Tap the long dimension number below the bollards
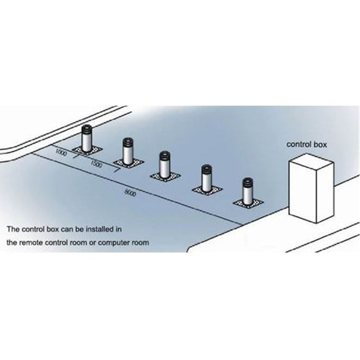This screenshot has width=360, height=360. coord(130,193)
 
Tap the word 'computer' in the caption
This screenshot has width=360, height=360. coord(107,242)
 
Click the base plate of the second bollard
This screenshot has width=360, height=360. coord(128,163)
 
